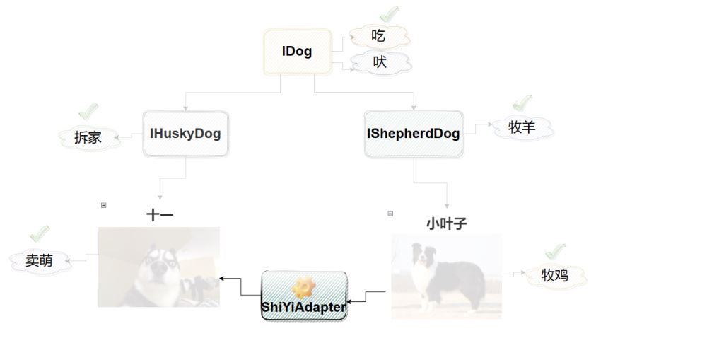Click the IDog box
coord(297,52)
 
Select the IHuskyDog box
coord(185,133)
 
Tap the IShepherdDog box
coord(413,133)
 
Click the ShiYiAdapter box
coord(304,296)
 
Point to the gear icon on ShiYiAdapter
coord(304,286)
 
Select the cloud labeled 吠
coord(380,62)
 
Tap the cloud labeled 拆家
coord(88,137)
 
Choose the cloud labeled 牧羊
coord(522,128)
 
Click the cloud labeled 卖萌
coord(40,260)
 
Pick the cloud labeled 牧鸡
coord(555,275)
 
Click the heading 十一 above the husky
coord(160,215)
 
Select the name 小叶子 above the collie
coord(447,223)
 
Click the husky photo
coord(159,267)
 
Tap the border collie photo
coord(446,276)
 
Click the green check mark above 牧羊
coord(522,104)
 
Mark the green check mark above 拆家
coord(88,111)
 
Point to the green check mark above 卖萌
coord(40,233)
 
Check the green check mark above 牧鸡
coord(556,251)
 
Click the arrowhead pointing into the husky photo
coord(223,279)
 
